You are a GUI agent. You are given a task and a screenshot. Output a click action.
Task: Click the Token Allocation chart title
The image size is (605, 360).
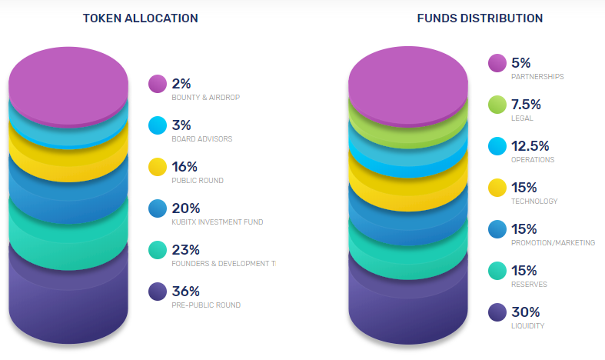click(x=140, y=18)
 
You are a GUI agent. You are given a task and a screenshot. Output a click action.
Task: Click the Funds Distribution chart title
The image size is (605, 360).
click(x=480, y=18)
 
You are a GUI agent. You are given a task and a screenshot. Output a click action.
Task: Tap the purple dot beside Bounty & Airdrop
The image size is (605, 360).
click(x=158, y=83)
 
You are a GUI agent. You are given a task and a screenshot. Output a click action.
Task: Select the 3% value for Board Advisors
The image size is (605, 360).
click(x=181, y=125)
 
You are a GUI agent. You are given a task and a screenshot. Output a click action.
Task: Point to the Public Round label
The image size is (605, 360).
click(x=197, y=181)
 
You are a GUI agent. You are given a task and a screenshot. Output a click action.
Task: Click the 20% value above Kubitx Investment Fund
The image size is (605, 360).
click(x=186, y=208)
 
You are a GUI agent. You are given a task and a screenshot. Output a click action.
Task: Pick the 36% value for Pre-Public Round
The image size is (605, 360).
click(x=186, y=292)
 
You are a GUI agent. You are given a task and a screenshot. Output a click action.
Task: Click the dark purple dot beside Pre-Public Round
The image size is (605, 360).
click(x=158, y=292)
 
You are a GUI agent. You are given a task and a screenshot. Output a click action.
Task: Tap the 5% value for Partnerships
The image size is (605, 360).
click(x=520, y=63)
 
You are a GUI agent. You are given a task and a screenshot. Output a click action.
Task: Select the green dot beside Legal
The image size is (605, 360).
click(x=497, y=105)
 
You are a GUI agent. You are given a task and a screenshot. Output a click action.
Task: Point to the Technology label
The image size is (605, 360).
click(x=534, y=202)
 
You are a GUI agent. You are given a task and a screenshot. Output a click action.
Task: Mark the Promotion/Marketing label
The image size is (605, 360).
click(x=553, y=243)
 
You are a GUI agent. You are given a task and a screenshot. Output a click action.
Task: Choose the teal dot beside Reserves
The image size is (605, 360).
click(x=497, y=271)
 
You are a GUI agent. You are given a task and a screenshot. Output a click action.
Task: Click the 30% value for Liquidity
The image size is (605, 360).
click(x=525, y=312)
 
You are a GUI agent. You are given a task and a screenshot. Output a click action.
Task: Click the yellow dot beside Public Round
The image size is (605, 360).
click(x=158, y=167)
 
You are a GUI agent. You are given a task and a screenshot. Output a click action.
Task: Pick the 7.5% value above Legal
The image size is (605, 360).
click(x=526, y=105)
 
